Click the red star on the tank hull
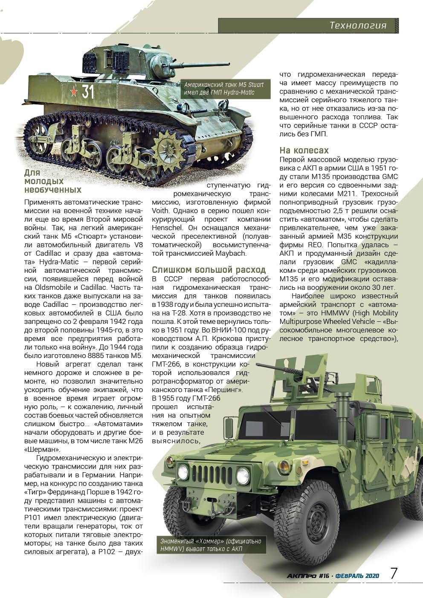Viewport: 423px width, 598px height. point(73,91)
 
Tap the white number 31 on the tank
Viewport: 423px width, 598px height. point(88,92)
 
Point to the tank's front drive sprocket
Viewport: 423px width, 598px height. point(167,147)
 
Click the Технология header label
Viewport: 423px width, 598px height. point(358,26)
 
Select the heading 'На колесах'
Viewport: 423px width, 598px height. point(304,150)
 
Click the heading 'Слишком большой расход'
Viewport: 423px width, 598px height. point(209,270)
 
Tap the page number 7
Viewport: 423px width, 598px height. point(394,573)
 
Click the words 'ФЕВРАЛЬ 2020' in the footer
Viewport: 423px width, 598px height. point(357,575)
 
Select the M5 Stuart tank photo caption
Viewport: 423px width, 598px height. point(224,89)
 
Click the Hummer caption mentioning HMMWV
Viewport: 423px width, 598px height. point(211,545)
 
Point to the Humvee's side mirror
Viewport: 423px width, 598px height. point(229,427)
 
